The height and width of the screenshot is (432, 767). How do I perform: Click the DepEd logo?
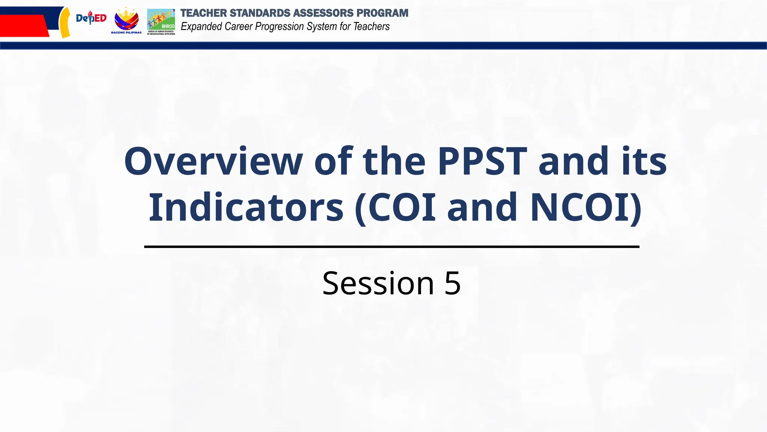(91, 18)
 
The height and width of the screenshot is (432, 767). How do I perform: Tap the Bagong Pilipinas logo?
(126, 21)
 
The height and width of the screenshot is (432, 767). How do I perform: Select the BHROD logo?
(161, 22)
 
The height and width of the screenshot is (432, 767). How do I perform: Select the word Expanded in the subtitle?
(201, 27)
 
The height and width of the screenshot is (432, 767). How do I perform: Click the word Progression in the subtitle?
(279, 27)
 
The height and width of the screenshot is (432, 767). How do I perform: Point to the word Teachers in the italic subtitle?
(371, 27)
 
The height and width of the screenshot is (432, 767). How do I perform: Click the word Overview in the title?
(213, 161)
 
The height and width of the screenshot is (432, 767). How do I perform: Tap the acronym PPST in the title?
(482, 161)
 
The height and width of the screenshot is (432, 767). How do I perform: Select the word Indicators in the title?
(246, 207)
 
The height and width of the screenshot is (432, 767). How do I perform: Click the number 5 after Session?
(452, 283)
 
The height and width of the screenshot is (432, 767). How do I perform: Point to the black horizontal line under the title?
(391, 247)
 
